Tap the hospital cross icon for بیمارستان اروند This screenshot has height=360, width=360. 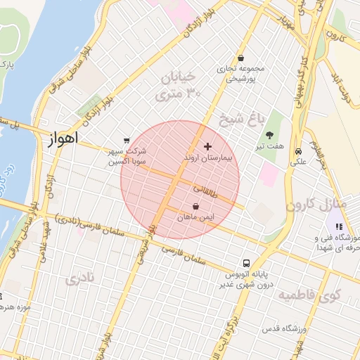click(207, 146)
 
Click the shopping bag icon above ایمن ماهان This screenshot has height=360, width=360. click(195, 207)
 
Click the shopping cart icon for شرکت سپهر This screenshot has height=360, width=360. click(126, 140)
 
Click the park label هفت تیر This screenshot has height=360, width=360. click(270, 146)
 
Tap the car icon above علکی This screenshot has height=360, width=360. click(299, 151)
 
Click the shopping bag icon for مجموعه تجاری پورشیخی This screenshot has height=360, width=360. click(241, 58)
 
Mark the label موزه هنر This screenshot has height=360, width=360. click(13, 307)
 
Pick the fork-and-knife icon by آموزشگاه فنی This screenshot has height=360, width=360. click(339, 226)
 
